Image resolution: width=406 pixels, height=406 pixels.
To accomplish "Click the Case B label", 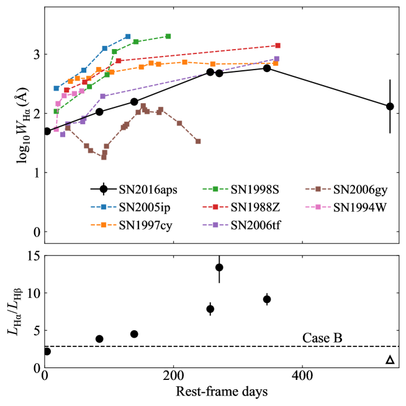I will [x=322, y=338].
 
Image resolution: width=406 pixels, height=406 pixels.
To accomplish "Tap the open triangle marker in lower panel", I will [x=390, y=360].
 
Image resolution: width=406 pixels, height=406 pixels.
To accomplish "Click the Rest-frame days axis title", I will [x=222, y=392].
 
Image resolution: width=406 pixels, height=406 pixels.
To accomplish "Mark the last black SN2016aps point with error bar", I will [x=390, y=106].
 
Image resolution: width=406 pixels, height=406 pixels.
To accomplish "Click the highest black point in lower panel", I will [x=219, y=268].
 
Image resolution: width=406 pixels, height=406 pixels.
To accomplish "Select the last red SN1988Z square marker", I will [x=277, y=45].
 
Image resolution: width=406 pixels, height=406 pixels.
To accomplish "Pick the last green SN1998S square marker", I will [x=168, y=37].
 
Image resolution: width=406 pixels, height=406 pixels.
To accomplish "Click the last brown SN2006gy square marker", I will [x=198, y=142].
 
